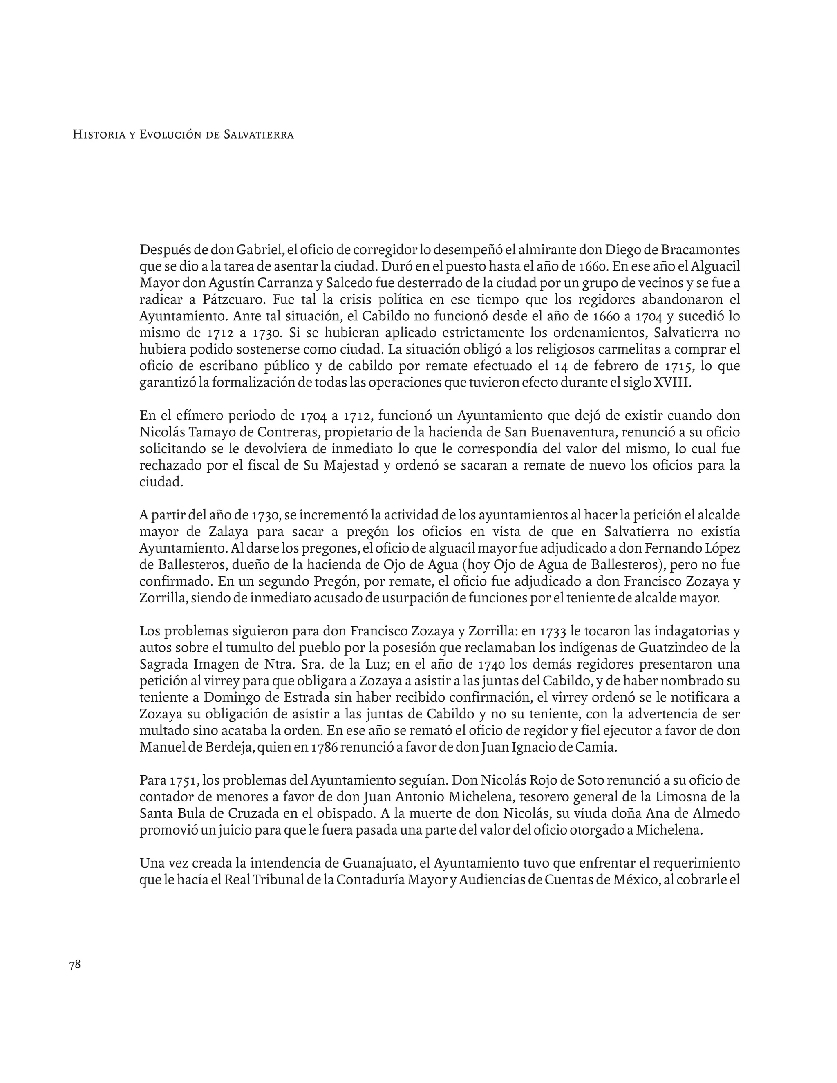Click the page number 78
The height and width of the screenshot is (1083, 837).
pos(75,964)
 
